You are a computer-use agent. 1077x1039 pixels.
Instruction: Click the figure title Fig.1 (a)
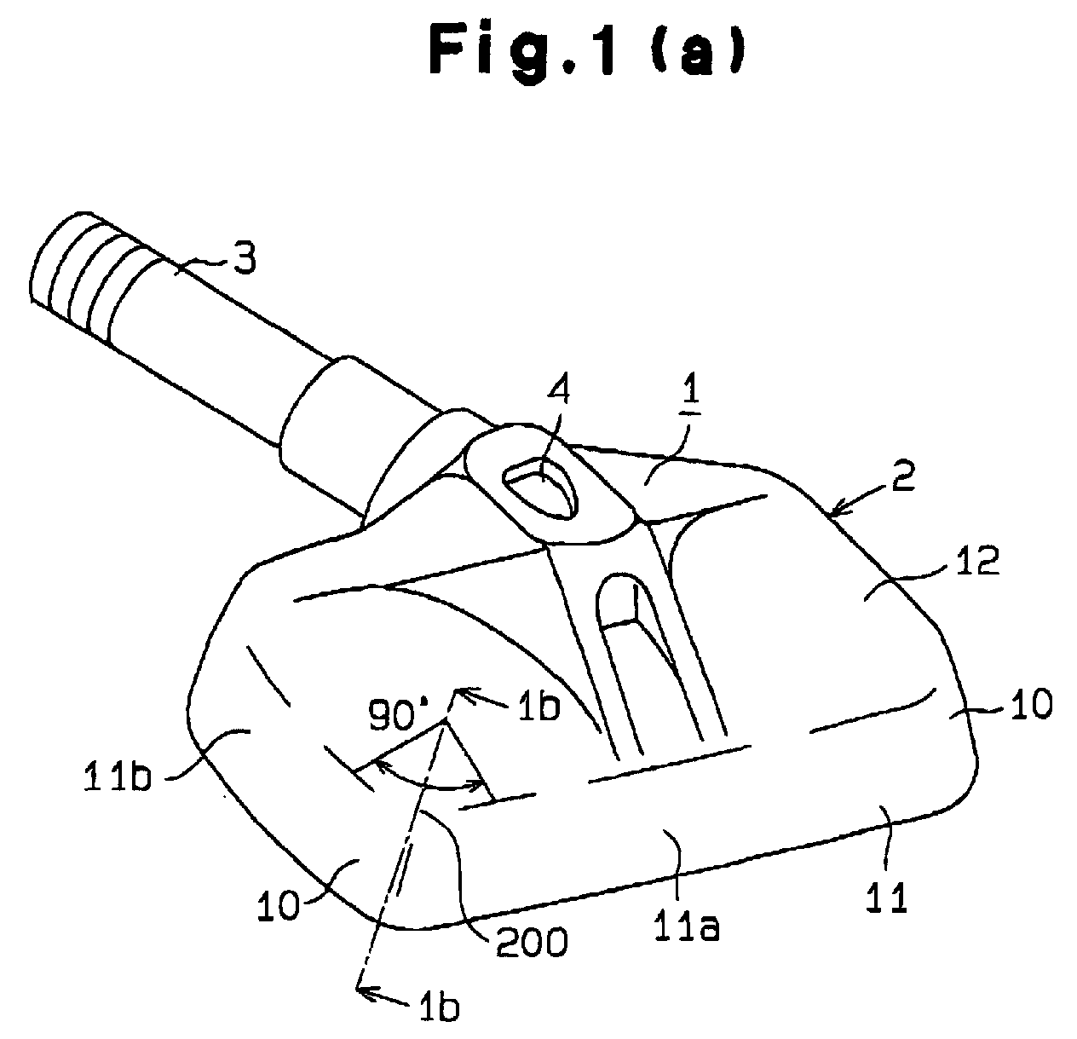[x=586, y=50]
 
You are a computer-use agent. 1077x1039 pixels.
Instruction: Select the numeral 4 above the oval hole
[x=557, y=391]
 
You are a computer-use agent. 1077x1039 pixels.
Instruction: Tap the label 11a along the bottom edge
[x=686, y=924]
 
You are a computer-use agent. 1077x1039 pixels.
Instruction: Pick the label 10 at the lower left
[x=279, y=905]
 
